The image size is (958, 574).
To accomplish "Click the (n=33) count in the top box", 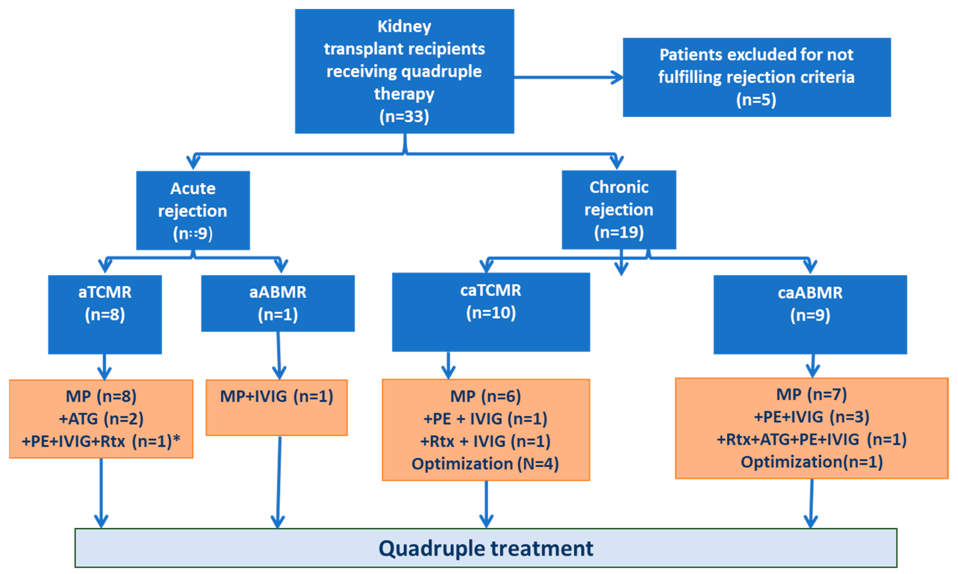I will [404, 116].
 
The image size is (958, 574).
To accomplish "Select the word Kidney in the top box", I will [404, 26].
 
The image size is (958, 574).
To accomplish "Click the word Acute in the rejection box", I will [192, 188].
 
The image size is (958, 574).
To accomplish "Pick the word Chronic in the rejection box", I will [619, 187].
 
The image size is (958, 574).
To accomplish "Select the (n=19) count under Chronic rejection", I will [619, 232].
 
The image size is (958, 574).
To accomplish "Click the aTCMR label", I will [105, 292].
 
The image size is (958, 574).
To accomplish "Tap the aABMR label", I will [278, 292].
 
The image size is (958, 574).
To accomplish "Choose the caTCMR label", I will [490, 290].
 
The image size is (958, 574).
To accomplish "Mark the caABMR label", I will [810, 293].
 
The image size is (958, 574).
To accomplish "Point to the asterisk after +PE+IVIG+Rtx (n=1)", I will [177, 439].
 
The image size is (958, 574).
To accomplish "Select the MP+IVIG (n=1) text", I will [276, 396].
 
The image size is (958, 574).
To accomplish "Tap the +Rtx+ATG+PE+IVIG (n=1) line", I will [811, 439].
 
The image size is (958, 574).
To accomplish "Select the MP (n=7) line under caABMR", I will [811, 395].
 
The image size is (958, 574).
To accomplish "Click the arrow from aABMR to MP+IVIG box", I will [279, 356].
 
